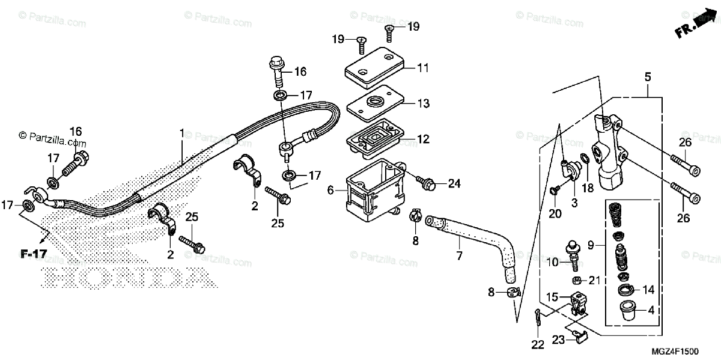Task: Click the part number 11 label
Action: [x=424, y=68]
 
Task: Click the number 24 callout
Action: [x=453, y=183]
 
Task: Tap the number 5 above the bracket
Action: [x=648, y=77]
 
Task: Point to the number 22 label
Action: [x=537, y=344]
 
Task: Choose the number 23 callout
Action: [x=558, y=340]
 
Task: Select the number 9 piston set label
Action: [x=591, y=245]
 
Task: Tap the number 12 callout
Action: [x=424, y=139]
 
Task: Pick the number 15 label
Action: [x=552, y=296]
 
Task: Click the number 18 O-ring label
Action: [x=588, y=188]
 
